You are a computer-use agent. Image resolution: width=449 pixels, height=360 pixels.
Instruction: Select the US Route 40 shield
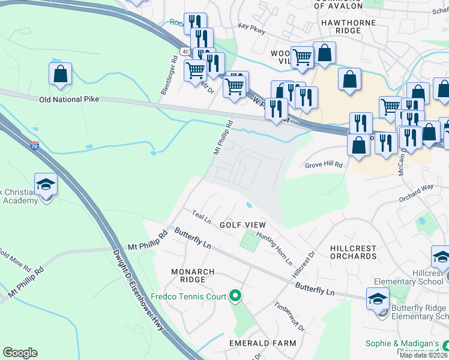(x=185, y=52)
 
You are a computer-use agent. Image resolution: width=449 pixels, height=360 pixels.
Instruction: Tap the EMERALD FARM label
(x=263, y=343)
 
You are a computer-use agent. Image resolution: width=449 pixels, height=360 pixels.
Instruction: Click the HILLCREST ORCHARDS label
(x=354, y=252)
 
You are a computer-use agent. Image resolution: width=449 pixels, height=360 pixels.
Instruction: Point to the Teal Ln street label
(x=202, y=215)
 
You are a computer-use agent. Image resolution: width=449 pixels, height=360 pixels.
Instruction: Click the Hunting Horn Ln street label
(x=274, y=249)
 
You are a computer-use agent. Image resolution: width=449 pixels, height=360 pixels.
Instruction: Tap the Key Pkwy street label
(x=251, y=26)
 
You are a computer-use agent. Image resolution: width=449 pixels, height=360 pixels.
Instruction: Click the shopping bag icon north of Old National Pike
(x=60, y=74)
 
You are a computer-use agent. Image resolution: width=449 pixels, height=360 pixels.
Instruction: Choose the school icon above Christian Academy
(x=46, y=184)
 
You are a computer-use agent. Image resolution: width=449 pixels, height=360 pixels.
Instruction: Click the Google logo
(x=20, y=353)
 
